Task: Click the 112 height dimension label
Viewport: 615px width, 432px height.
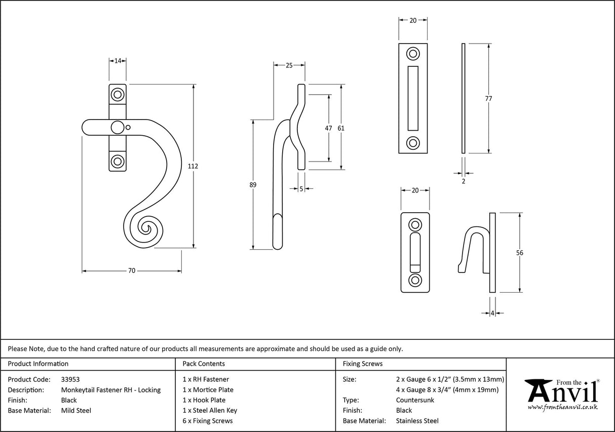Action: tap(193, 166)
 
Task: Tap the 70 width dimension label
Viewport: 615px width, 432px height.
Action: tap(132, 271)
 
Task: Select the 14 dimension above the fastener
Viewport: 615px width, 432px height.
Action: tap(118, 61)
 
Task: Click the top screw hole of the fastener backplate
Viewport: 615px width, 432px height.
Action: tap(118, 94)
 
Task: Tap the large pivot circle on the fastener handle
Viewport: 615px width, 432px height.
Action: tap(117, 128)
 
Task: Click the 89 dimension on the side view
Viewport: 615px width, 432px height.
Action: tap(253, 185)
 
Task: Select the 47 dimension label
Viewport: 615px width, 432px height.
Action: tap(328, 128)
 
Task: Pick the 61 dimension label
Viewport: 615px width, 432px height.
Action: tap(341, 128)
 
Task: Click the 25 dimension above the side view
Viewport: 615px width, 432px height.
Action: tap(289, 65)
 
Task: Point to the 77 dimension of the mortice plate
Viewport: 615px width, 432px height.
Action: tap(488, 99)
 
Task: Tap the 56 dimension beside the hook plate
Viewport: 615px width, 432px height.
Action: tap(519, 253)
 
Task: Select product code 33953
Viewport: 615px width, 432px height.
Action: tap(70, 379)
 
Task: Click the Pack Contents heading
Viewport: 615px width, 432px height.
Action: tap(204, 364)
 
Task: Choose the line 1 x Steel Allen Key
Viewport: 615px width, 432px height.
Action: tap(210, 410)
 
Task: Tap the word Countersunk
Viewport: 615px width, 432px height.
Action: tap(415, 400)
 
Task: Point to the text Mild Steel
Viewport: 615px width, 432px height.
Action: tap(76, 410)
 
